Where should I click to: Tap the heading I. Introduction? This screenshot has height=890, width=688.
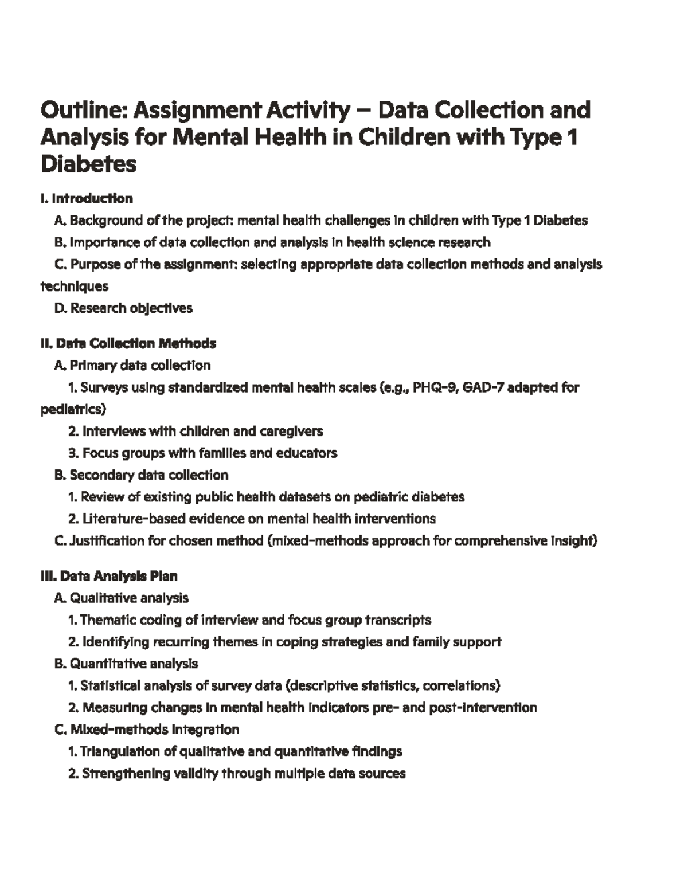coord(87,198)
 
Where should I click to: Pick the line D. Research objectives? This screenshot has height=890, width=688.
coord(123,308)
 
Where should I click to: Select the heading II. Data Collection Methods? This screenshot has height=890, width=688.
coord(128,343)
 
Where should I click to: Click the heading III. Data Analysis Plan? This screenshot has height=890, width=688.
coord(109,576)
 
